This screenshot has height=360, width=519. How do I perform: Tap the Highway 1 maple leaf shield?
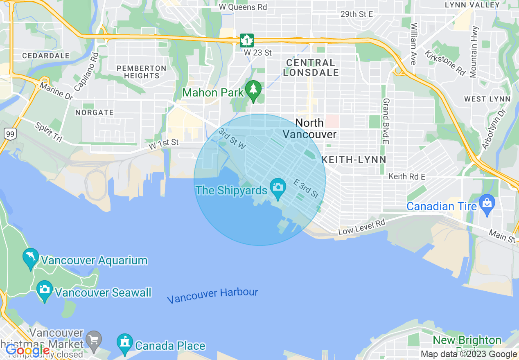click(x=247, y=40)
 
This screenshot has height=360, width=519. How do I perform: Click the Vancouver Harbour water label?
click(x=212, y=295)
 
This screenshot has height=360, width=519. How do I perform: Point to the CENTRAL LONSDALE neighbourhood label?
click(x=311, y=68)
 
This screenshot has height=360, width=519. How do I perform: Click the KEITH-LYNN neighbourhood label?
click(x=354, y=160)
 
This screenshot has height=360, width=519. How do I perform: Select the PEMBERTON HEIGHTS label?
click(x=141, y=72)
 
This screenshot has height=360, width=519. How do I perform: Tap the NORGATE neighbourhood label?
click(x=95, y=112)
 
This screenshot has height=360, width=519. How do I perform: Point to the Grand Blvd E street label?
click(x=386, y=121)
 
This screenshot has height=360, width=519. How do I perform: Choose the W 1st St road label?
click(x=164, y=144)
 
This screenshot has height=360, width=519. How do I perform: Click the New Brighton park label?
click(x=467, y=340)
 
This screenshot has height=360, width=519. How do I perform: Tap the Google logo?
click(x=27, y=351)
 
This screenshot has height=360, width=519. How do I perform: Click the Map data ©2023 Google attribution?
click(x=469, y=354)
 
